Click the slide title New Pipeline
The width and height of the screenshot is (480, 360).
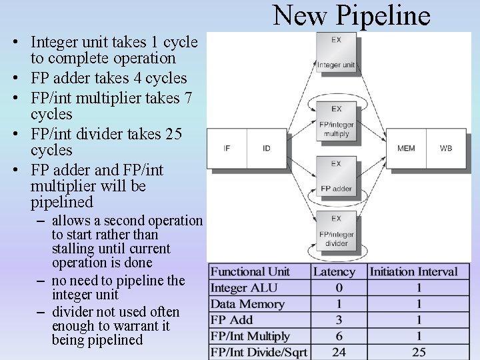point(351,15)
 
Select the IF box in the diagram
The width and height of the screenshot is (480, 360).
point(227,148)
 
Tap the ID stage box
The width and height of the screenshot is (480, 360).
point(267,148)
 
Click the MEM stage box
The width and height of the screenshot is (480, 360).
point(406,148)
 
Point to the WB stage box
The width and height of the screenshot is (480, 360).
point(446,148)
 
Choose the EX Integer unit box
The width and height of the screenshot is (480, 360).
point(336,53)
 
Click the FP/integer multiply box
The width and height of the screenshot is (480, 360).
point(336,121)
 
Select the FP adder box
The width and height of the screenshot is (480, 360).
point(336,177)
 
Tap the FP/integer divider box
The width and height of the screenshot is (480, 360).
point(336,231)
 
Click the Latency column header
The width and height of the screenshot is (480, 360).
point(334,271)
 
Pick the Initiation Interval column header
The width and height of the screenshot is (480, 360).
point(413,271)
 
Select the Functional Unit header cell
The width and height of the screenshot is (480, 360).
point(250,271)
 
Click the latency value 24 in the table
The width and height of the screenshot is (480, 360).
point(339,352)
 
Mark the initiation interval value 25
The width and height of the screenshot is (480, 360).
point(419,352)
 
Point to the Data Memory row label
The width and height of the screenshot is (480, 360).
point(247,304)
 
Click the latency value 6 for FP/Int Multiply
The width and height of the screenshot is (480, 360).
point(339,336)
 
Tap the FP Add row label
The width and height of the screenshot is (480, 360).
point(231,320)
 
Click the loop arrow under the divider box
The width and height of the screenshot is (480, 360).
point(336,256)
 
